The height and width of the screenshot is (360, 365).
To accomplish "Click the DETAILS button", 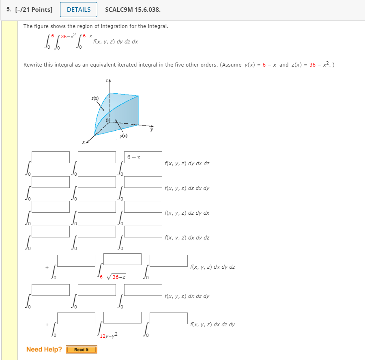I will point(79,10).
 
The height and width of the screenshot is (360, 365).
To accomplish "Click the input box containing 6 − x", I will point(143,157).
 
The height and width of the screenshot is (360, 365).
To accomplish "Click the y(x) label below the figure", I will point(124,136).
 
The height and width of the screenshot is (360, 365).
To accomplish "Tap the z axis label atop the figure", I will point(107,81).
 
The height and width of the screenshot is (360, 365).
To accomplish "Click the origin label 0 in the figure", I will point(107,121).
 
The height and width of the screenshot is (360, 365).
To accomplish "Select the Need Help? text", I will point(44,349).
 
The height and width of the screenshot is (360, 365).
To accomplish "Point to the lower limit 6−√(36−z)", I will point(114,277).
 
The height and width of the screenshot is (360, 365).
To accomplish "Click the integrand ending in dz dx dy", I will point(187,188).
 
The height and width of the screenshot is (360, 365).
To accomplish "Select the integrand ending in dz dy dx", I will point(187,213).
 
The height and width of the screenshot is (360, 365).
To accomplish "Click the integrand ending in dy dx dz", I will point(187,164).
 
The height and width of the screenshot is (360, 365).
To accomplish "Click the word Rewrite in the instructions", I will point(32,65).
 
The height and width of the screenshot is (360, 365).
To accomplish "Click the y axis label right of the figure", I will point(152,130).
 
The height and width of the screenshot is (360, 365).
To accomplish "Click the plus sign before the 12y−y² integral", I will point(47,325).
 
